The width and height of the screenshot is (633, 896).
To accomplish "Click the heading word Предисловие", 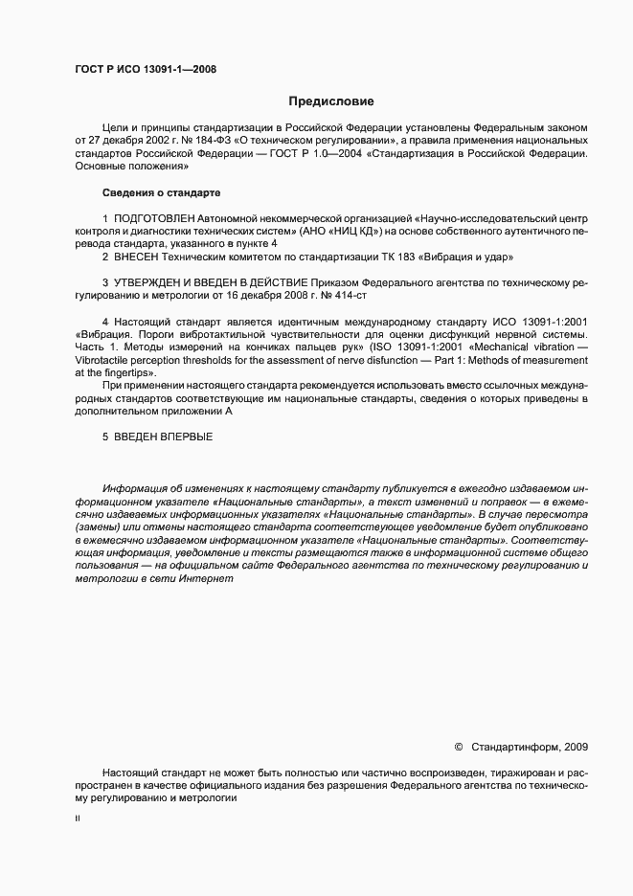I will coord(331,101).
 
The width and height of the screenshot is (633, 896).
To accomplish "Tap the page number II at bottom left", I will coord(78,818).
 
